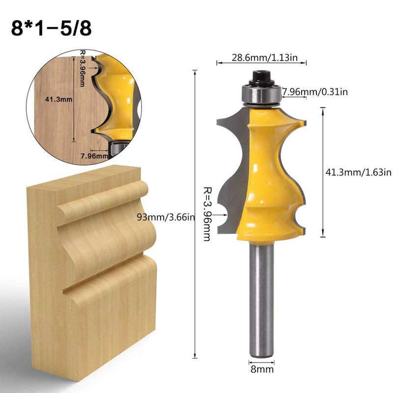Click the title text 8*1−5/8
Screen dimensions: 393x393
[x=51, y=28]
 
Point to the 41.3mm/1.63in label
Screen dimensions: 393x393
[x=359, y=171]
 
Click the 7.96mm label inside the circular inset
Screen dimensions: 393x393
[x=94, y=156]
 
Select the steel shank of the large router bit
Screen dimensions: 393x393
[x=260, y=300]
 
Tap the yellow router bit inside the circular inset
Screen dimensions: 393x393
[x=118, y=98]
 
